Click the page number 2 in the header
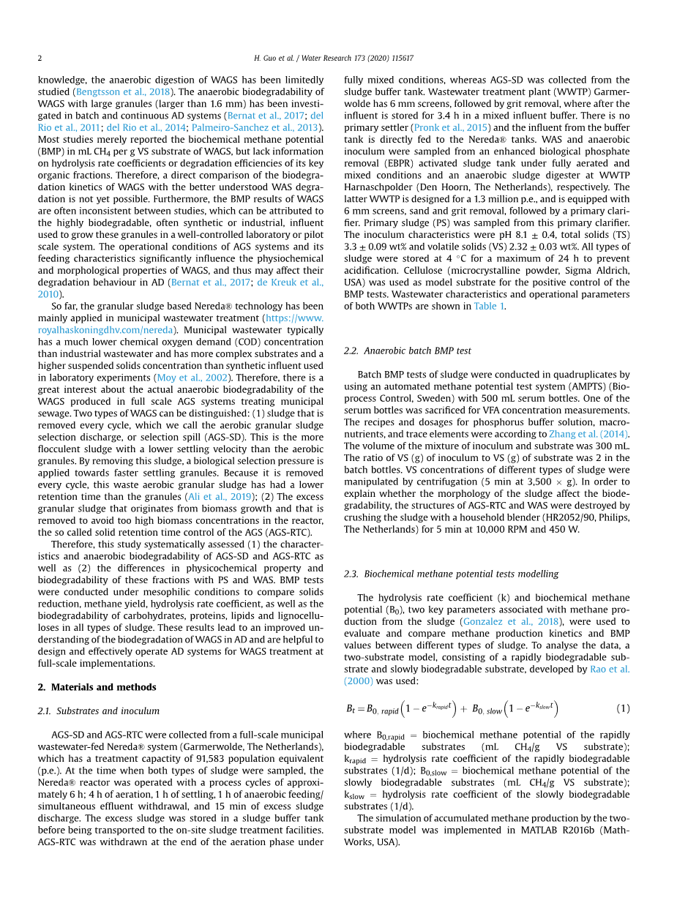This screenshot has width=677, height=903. tap(40, 58)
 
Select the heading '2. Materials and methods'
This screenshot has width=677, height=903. tap(97, 687)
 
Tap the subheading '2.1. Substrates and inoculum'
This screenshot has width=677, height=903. tap(98, 711)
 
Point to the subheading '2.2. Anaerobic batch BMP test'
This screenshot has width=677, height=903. tap(408, 351)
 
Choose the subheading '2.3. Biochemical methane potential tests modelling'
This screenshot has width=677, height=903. tap(451, 574)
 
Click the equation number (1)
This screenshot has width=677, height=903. tap(622, 708)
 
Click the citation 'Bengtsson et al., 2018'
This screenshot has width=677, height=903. tap(124, 91)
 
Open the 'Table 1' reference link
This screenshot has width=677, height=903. tap(490, 306)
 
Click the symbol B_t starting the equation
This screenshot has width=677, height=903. tap(350, 709)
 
